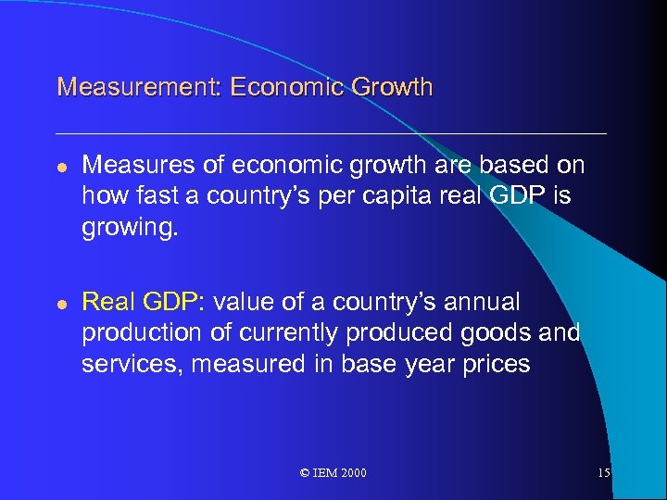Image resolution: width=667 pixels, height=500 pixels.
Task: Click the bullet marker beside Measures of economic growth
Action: coord(62,166)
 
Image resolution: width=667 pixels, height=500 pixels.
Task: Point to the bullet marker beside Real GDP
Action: coord(62,303)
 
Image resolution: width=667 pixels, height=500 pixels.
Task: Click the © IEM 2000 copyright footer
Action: coord(333,473)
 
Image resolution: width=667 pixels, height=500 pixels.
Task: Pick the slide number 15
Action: coord(603,473)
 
